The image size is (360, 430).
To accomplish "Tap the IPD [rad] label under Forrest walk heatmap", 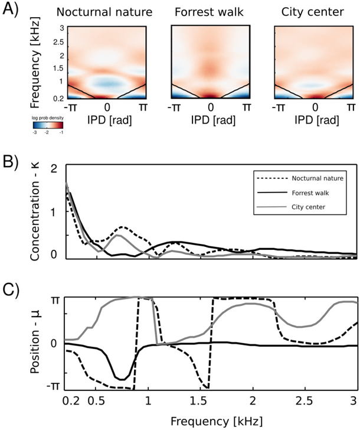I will coord(211,121).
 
